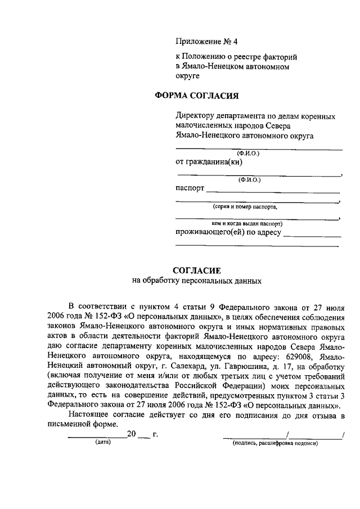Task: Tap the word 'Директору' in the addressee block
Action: [194, 116]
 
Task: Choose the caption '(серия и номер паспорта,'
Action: [245, 207]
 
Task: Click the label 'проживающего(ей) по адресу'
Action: [228, 232]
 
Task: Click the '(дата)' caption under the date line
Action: [102, 443]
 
